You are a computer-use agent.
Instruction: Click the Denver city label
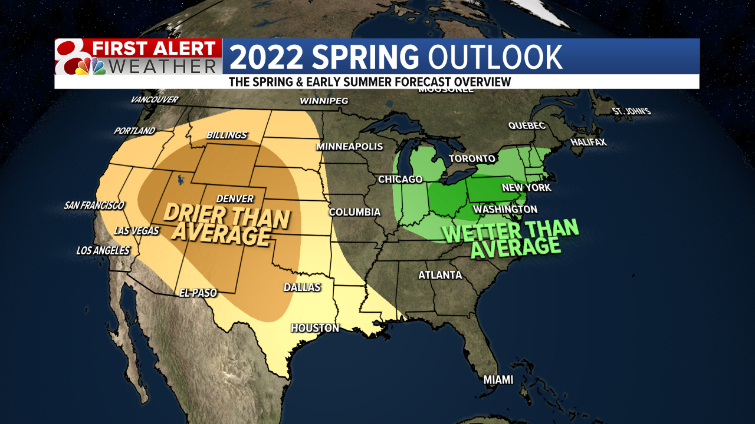[235, 199]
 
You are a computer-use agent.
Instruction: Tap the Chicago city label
[400, 179]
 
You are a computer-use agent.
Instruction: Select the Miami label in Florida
[498, 380]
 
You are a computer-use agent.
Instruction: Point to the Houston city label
[314, 328]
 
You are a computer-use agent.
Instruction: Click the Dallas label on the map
[302, 287]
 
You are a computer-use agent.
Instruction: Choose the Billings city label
[226, 135]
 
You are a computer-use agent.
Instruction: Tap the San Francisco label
[94, 206]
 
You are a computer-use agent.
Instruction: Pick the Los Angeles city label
[103, 251]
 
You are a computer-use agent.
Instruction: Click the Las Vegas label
[137, 231]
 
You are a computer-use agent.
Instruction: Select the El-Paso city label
[198, 293]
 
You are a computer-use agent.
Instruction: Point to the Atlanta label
[440, 275]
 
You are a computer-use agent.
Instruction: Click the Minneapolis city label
[350, 147]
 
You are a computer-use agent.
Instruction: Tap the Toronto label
[472, 159]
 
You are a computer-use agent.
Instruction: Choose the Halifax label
[588, 143]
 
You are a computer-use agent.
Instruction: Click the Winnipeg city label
[324, 101]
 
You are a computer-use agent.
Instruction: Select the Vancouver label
[155, 100]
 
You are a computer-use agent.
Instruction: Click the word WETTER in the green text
[480, 231]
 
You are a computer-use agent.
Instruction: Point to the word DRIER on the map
[193, 213]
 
